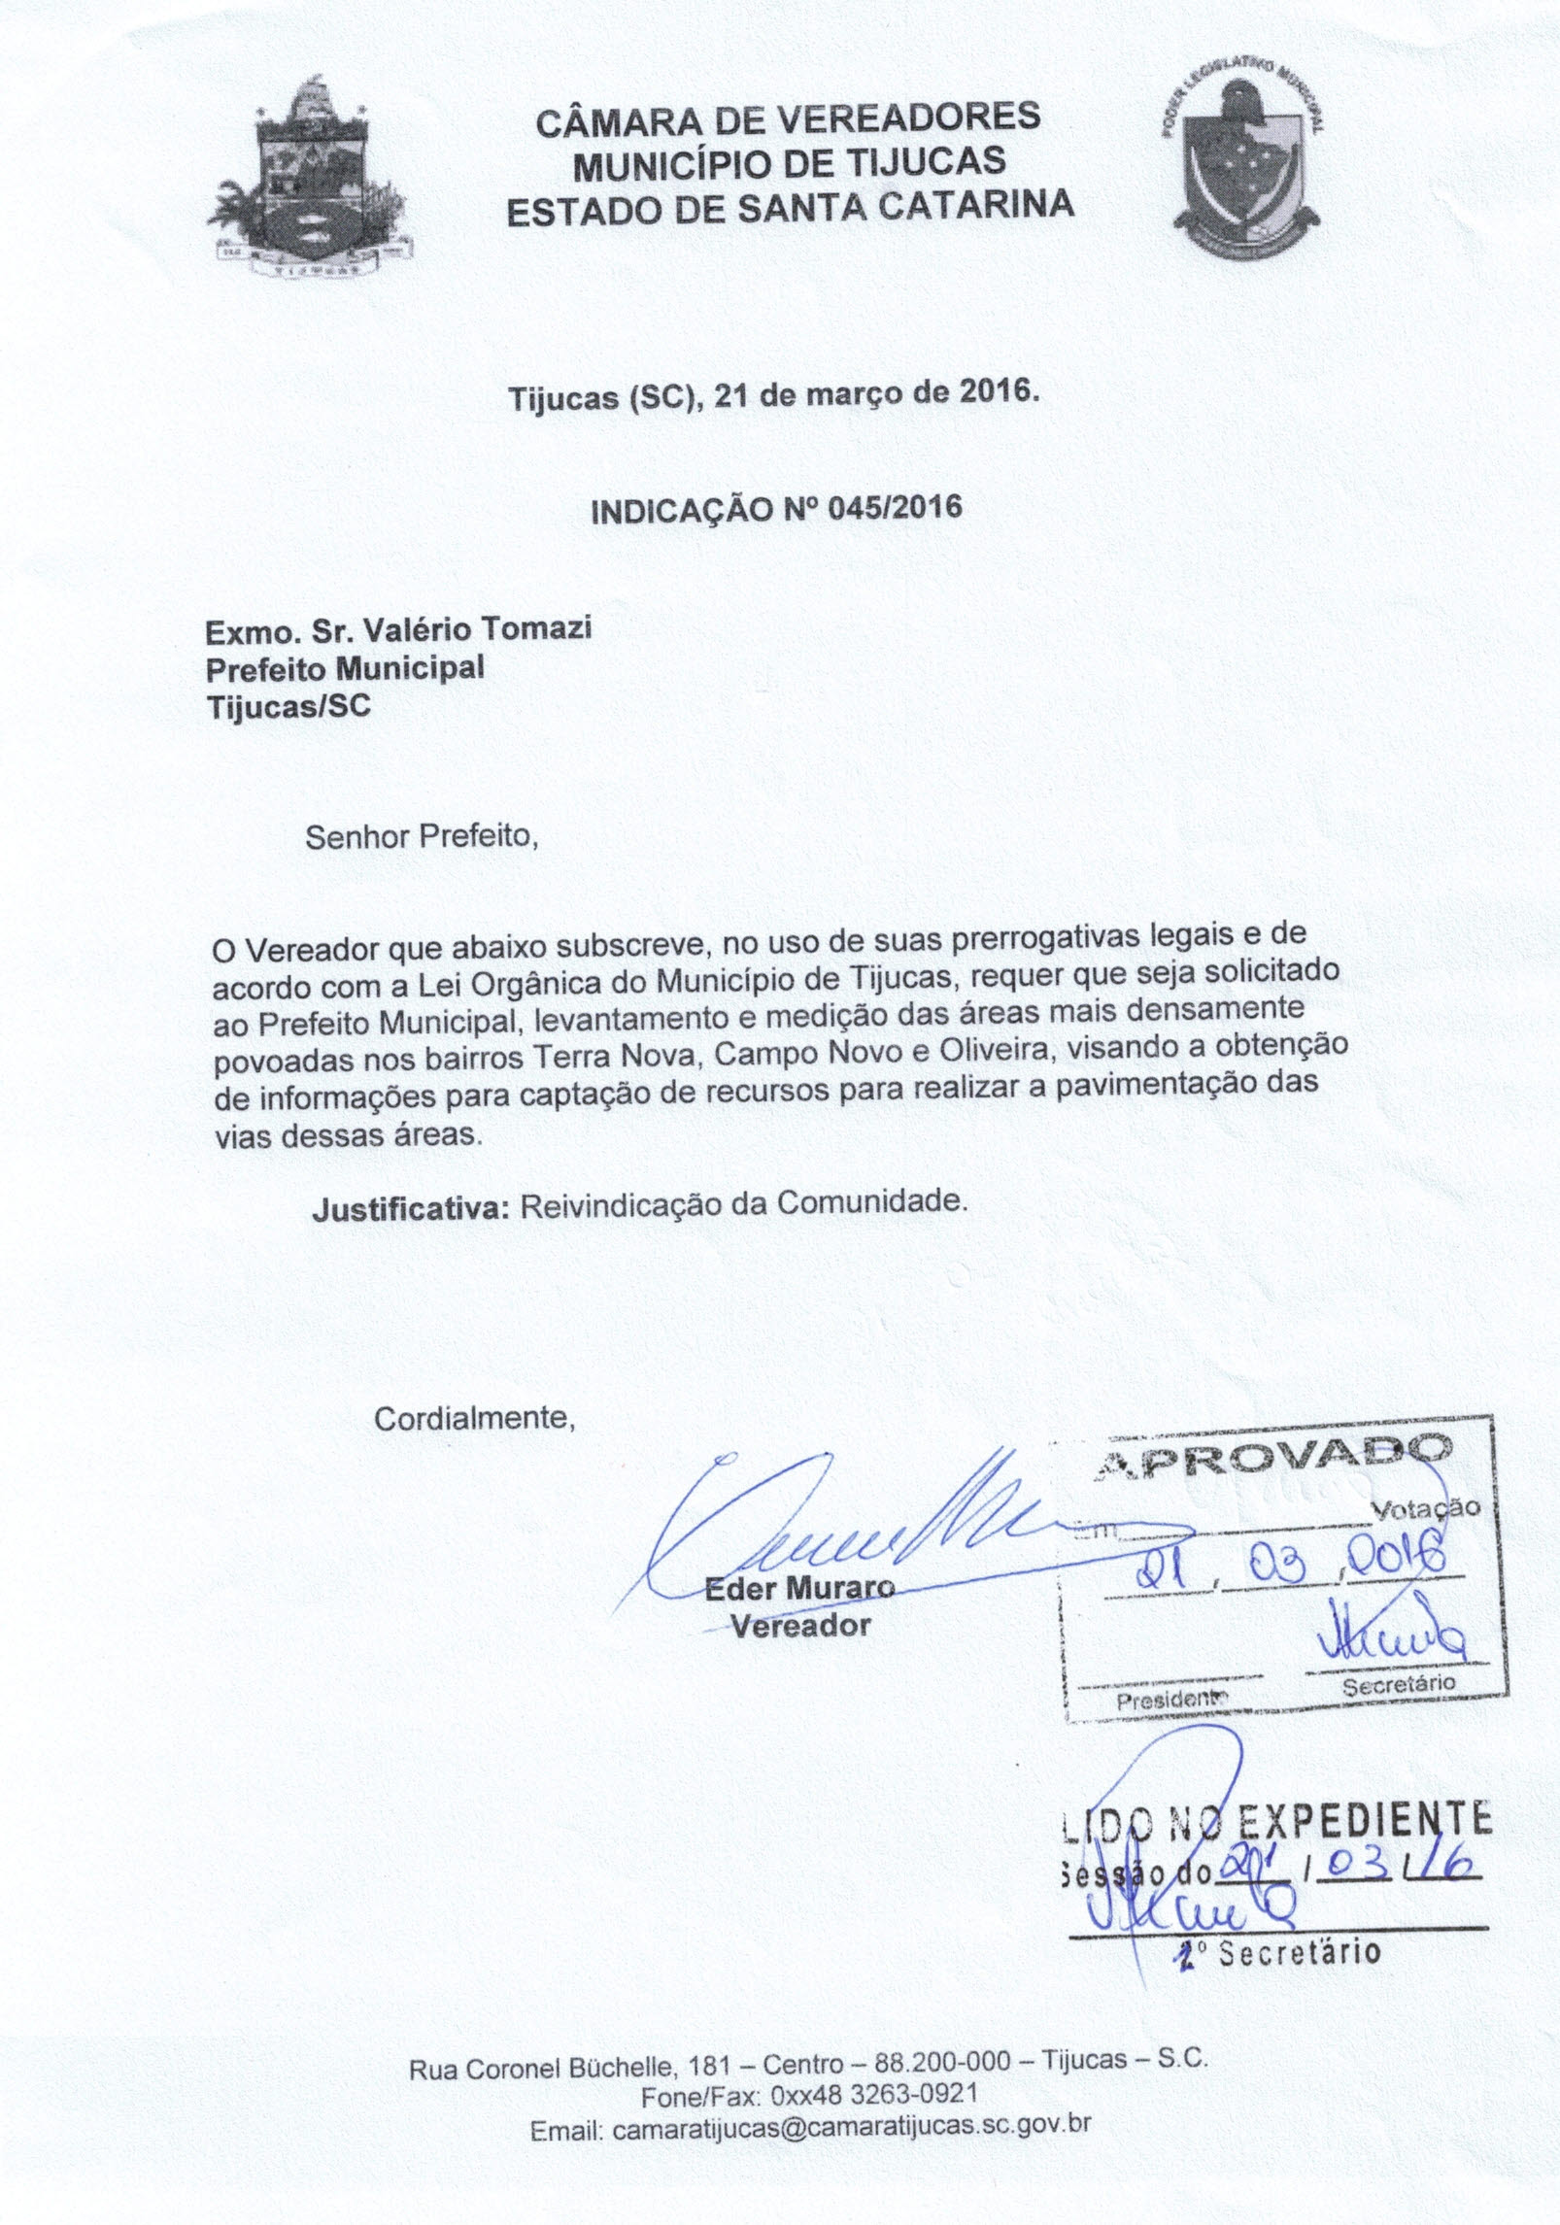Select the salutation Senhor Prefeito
[x=422, y=837]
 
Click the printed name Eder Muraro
[x=798, y=1590]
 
